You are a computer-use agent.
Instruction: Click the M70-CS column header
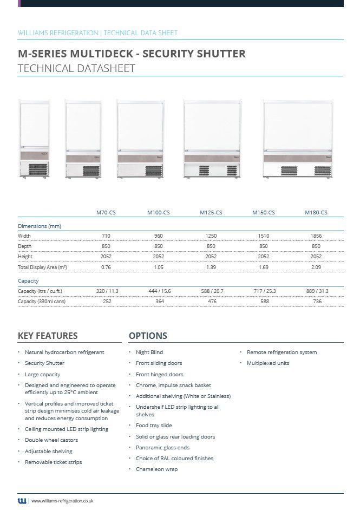coord(106,213)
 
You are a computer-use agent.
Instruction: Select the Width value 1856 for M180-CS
coord(316,236)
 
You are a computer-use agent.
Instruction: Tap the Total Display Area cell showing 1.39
coord(211,267)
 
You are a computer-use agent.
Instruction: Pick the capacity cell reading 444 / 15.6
coord(159,291)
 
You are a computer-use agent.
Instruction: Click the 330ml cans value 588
coord(264,302)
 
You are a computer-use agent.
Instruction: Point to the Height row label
coord(25,257)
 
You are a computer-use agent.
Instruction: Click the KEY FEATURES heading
coord(48,336)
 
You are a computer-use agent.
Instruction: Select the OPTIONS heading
coord(148,336)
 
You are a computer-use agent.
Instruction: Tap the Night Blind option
coord(149,352)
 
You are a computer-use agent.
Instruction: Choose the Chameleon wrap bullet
coord(156,469)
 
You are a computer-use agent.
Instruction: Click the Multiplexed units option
coord(268,363)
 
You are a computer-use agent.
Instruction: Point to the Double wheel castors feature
coord(51,440)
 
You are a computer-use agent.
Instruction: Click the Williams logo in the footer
coord(22,501)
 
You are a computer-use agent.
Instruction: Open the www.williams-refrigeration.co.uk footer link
coord(62,501)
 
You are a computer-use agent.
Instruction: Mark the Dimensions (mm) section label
coord(39,226)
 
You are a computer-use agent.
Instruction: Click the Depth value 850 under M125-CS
coord(211,246)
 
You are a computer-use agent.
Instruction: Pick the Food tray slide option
coord(154,426)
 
